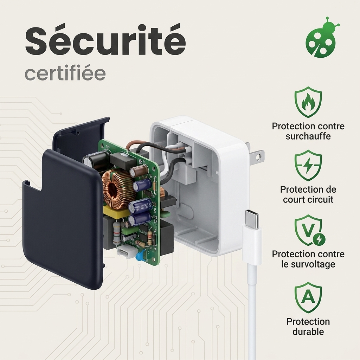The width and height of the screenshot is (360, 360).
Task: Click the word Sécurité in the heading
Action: point(105,41)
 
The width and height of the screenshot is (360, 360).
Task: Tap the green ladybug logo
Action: point(321,37)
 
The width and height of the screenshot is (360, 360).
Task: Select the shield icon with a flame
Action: point(308,102)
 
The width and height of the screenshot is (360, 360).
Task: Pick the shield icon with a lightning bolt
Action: point(308,165)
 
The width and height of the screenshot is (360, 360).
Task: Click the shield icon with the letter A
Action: point(308,297)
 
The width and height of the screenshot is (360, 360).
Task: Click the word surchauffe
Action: point(308,136)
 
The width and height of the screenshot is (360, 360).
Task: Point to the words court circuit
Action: point(308,200)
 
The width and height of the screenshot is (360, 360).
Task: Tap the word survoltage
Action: point(308,264)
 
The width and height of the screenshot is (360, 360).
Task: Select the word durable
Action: point(308,332)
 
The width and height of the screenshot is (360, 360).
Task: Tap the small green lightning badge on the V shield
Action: point(319,239)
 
